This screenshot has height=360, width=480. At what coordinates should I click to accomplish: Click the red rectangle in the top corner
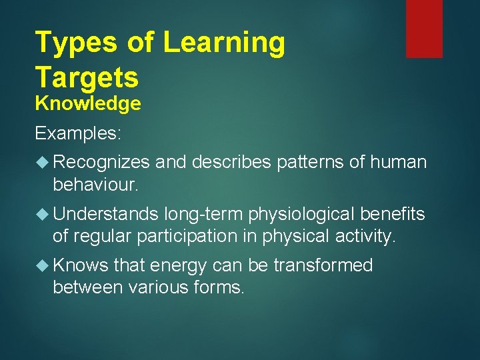click(424, 29)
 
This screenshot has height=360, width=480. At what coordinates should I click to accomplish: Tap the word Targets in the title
click(87, 77)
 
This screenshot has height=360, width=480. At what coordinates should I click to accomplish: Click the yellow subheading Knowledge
click(88, 104)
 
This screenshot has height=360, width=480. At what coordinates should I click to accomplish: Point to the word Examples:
click(78, 133)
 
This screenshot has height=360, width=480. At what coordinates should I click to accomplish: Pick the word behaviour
click(95, 184)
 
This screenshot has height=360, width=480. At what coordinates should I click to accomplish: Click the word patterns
click(299, 162)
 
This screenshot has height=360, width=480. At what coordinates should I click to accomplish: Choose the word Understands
click(105, 214)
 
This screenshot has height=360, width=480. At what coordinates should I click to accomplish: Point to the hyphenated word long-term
click(203, 214)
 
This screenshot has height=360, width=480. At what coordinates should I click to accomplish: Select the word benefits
click(393, 214)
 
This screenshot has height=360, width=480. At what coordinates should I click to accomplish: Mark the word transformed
click(321, 265)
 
